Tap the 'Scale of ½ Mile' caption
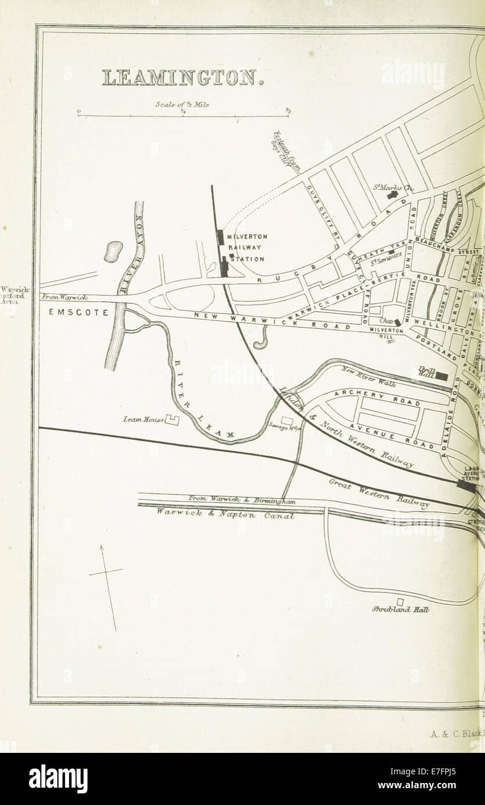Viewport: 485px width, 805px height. (182, 105)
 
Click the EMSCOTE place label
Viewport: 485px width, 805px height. (78, 312)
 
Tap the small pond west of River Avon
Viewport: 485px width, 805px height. (113, 251)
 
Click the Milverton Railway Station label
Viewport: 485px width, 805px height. (246, 248)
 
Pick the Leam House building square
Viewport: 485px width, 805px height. (172, 420)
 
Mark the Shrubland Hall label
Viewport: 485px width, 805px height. (400, 609)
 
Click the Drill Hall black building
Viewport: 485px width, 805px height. (442, 376)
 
